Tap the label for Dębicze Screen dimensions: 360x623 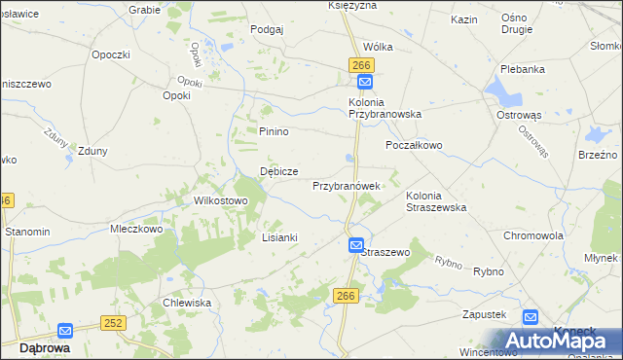tap(278, 171)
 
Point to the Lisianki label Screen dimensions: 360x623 tap(279, 237)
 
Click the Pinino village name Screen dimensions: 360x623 tap(275, 131)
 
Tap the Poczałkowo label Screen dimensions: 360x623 tap(414, 145)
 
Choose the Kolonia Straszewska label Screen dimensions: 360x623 tap(436, 201)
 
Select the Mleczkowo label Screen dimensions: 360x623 tap(135, 231)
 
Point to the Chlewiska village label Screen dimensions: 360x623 tap(187, 303)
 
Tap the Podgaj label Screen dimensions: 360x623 tap(267, 29)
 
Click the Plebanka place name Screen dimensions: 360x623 tap(527, 70)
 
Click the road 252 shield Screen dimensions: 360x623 tap(114, 322)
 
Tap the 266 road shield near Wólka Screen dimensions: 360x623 tap(361, 64)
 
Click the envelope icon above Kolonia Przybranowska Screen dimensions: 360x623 tap(363, 85)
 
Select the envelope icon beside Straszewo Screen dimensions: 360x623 tap(356, 246)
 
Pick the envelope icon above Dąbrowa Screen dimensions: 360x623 tap(65, 331)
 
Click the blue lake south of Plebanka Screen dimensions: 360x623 tap(507, 93)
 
